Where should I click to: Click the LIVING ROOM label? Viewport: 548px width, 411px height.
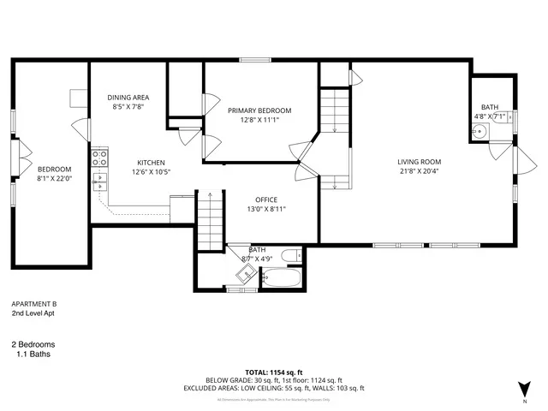coord(419,162)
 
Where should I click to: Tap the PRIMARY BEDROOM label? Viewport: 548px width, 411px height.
coord(259,110)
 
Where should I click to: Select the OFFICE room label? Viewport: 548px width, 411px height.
coord(265,200)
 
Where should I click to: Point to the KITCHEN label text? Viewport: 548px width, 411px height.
coord(152,163)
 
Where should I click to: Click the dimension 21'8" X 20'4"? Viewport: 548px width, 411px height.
coord(419,171)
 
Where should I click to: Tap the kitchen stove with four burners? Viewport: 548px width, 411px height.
coord(99,158)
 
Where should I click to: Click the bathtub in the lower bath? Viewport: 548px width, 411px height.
coord(280,279)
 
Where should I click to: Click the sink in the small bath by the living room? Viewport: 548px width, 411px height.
coord(479,132)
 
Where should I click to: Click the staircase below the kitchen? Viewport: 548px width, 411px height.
coord(209,219)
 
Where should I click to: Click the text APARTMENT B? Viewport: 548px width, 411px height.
coord(33,304)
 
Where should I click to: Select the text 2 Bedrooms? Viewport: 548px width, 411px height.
coord(39,344)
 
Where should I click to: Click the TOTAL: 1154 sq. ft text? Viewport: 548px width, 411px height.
coord(273,372)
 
